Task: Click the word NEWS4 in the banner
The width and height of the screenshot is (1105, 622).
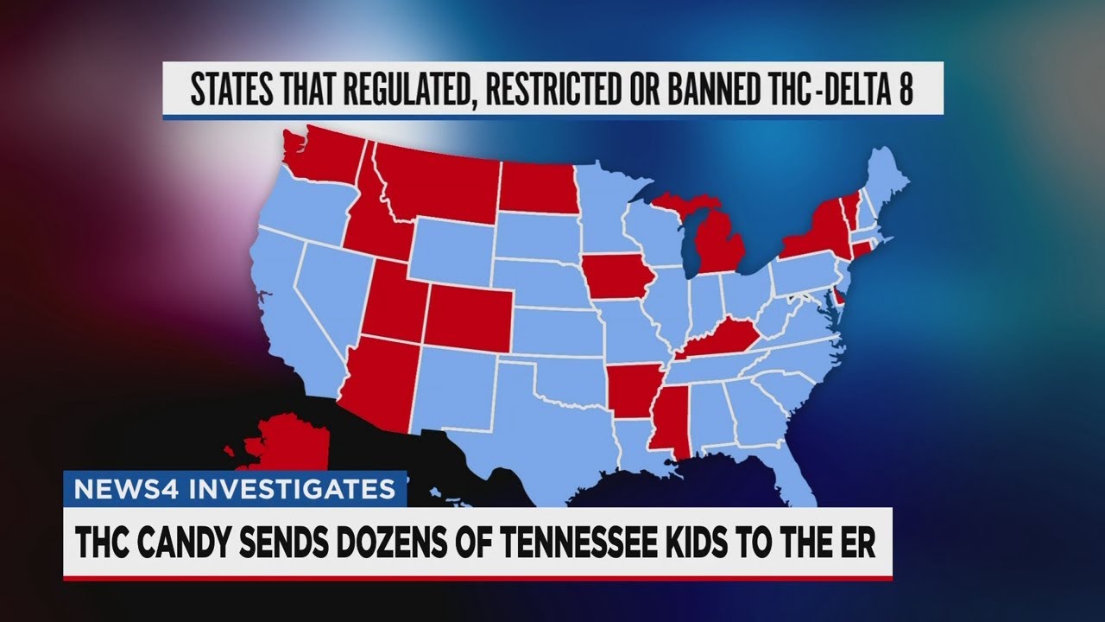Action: pos(116,489)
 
